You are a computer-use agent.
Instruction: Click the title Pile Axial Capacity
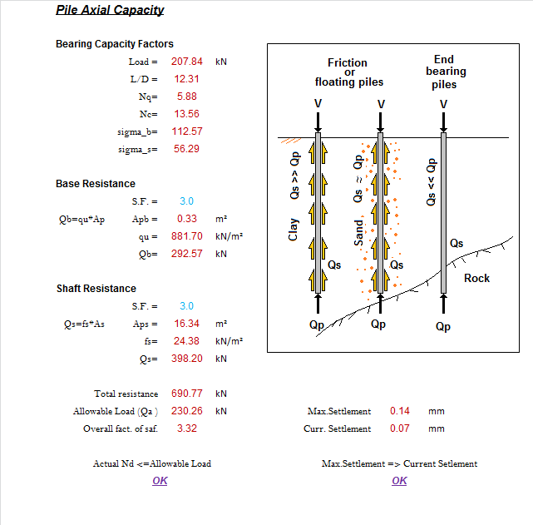pos(110,11)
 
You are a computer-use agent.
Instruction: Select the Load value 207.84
pos(187,62)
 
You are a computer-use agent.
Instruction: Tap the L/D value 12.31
pos(187,79)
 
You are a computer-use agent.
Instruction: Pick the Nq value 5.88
pos(187,97)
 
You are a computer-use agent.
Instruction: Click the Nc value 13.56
pos(187,114)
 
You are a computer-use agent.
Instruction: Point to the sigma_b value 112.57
pos(187,131)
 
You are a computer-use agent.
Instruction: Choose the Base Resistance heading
pos(96,184)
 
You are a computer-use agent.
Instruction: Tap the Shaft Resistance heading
pos(96,289)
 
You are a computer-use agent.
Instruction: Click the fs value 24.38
pos(187,341)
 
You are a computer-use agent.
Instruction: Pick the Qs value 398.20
pos(187,359)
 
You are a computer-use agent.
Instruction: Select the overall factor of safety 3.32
pos(187,428)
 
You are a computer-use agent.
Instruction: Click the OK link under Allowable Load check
pos(160,481)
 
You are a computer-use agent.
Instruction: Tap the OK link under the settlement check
pos(399,481)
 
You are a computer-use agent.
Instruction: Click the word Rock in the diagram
pos(476,279)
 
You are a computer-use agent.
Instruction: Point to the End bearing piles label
pos(444,72)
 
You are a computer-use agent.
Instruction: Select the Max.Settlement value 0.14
pos(400,411)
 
